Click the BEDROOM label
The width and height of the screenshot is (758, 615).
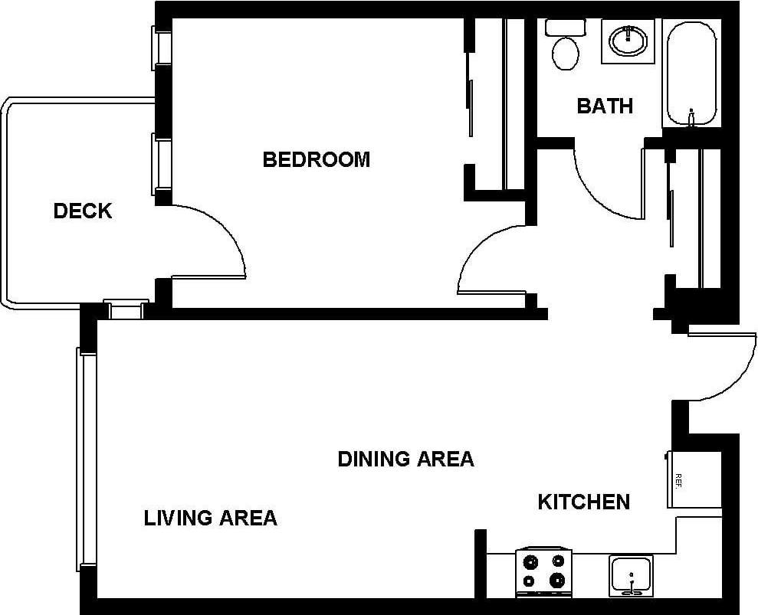click(x=316, y=159)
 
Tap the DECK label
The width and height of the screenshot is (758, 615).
click(x=83, y=211)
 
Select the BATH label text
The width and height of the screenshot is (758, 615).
click(x=605, y=106)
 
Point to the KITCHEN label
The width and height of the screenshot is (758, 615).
click(x=583, y=502)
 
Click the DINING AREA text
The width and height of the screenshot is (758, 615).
click(x=405, y=459)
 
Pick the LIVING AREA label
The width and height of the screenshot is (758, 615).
click(x=210, y=518)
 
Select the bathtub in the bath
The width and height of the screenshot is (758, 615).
click(x=691, y=74)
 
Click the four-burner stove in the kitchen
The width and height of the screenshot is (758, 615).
click(x=544, y=572)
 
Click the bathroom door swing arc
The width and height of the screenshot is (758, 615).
click(x=605, y=184)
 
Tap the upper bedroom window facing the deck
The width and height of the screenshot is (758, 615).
click(x=162, y=47)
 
